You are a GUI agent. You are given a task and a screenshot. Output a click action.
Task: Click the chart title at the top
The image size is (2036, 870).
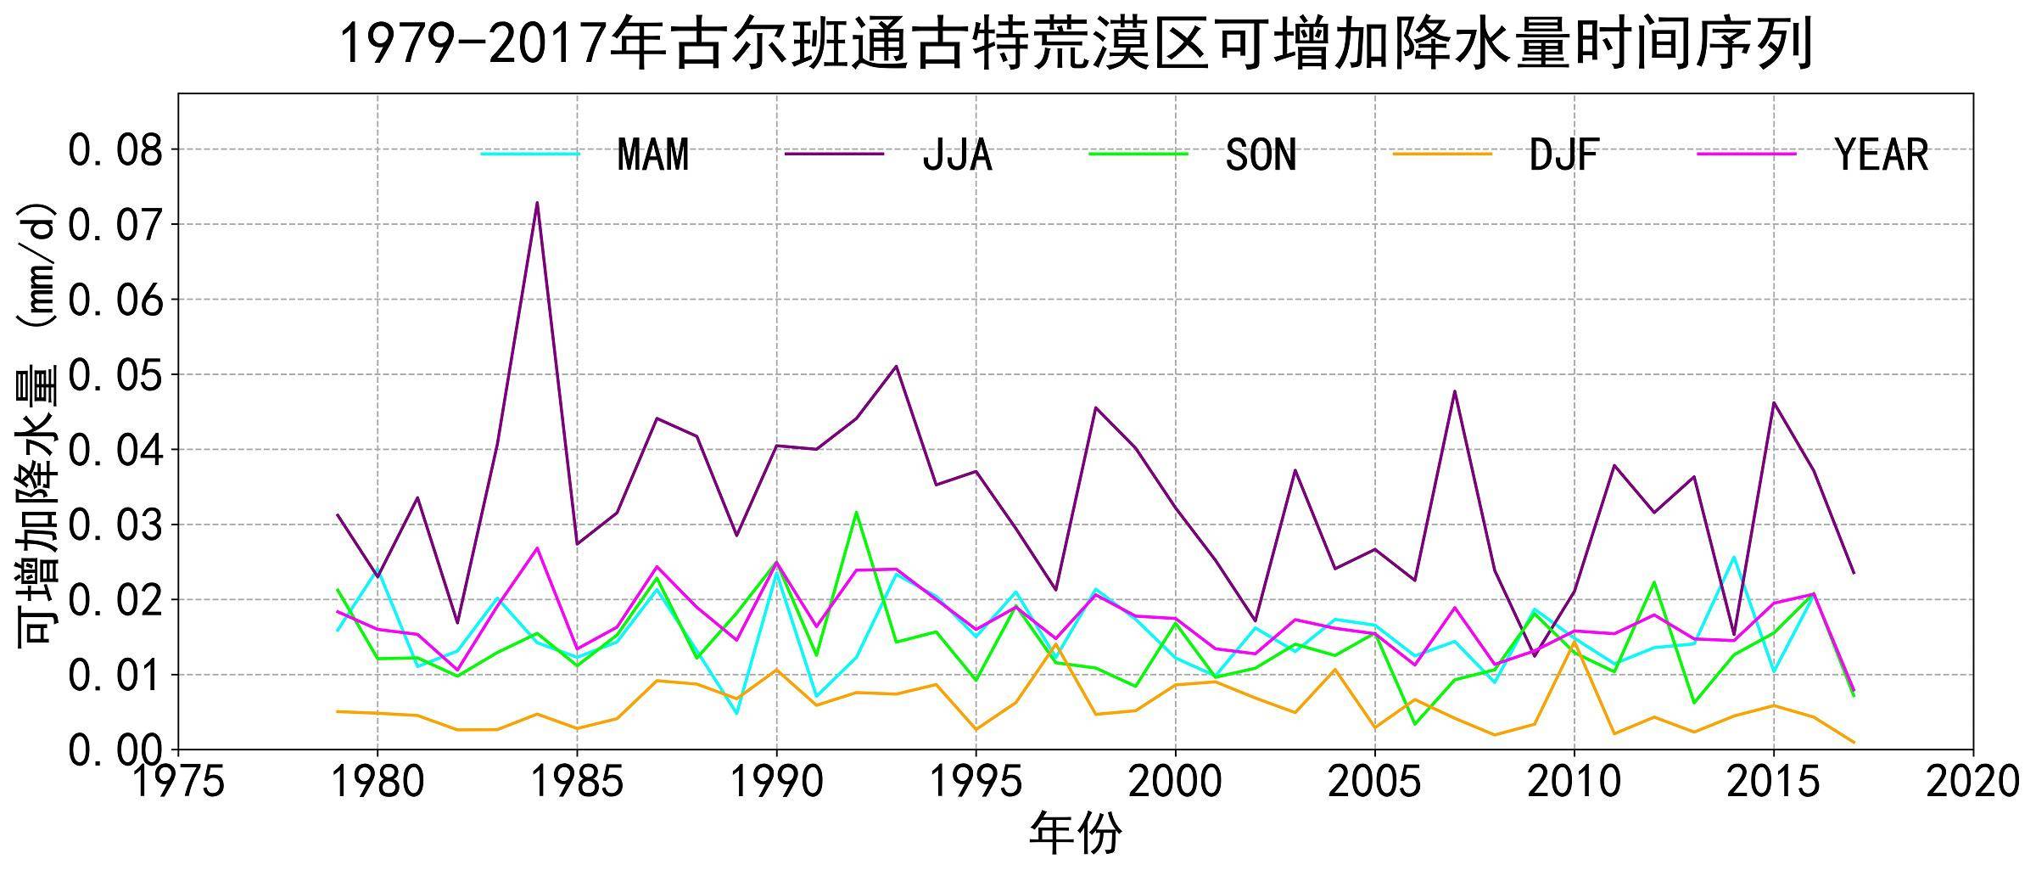pyautogui.click(x=1076, y=44)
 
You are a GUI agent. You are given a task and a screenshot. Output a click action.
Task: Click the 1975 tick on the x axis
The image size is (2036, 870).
pyautogui.click(x=178, y=782)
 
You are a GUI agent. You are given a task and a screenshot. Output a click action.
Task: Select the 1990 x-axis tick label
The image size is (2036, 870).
pyautogui.click(x=776, y=782)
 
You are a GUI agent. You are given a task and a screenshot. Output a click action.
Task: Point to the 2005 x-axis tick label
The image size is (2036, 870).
pyautogui.click(x=1374, y=782)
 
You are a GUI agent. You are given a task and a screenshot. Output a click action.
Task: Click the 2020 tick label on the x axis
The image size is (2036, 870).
pyautogui.click(x=1972, y=782)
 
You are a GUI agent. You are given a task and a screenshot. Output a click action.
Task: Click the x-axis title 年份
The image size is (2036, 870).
pyautogui.click(x=1075, y=834)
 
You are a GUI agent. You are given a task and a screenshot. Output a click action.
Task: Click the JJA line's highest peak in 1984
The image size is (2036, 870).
pyautogui.click(x=537, y=203)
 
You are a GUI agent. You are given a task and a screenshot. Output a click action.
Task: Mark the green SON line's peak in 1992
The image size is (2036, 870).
pyautogui.click(x=856, y=512)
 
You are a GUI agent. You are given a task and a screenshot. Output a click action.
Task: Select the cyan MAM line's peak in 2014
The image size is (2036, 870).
pyautogui.click(x=1733, y=557)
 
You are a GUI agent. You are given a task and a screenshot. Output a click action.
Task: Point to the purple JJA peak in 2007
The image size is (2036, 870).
pyautogui.click(x=1454, y=391)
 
